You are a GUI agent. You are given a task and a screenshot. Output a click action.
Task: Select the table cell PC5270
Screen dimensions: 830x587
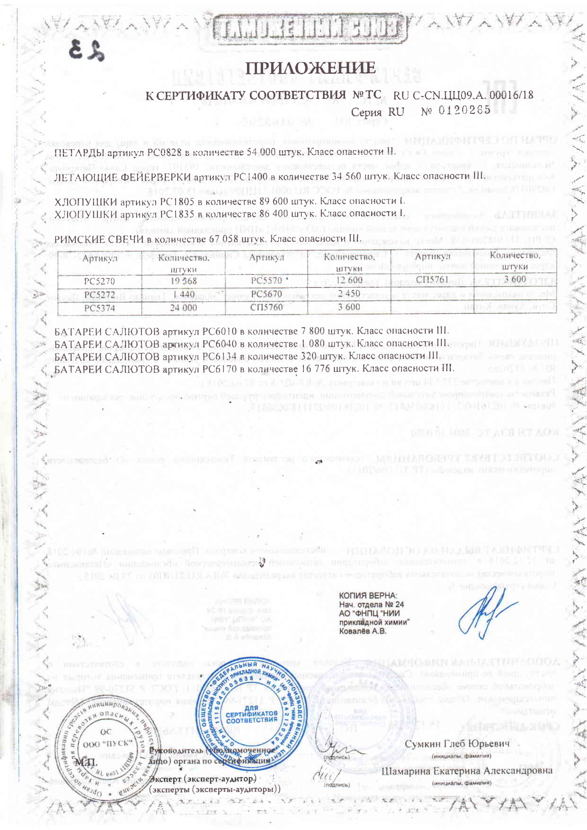click(x=99, y=281)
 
